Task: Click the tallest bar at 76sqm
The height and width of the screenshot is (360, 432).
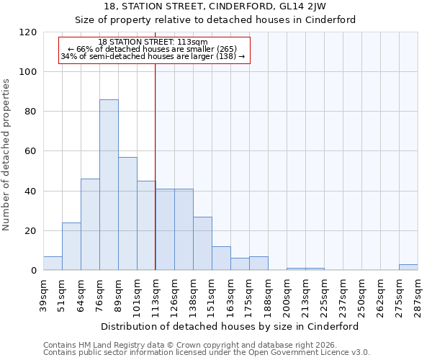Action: tap(109, 185)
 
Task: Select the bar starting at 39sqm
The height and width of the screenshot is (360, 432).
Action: tap(53, 264)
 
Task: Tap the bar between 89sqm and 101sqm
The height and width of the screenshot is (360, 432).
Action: tap(127, 214)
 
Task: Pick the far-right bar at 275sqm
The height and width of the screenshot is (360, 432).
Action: tap(408, 267)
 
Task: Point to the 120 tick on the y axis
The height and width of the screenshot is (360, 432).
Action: tap(30, 32)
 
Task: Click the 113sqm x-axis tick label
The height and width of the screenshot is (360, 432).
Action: tap(156, 294)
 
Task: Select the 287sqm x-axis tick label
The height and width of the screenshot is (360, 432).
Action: tap(418, 294)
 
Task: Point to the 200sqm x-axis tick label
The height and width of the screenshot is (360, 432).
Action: tap(287, 294)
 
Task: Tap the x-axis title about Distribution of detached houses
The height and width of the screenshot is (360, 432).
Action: tap(230, 326)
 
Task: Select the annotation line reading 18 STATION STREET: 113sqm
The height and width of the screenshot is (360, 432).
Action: tap(153, 42)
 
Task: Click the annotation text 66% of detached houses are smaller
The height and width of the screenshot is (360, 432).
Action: tap(153, 49)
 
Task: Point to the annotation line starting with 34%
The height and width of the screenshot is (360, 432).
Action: tap(153, 56)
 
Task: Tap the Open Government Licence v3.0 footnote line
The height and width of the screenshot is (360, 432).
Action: tap(207, 352)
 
